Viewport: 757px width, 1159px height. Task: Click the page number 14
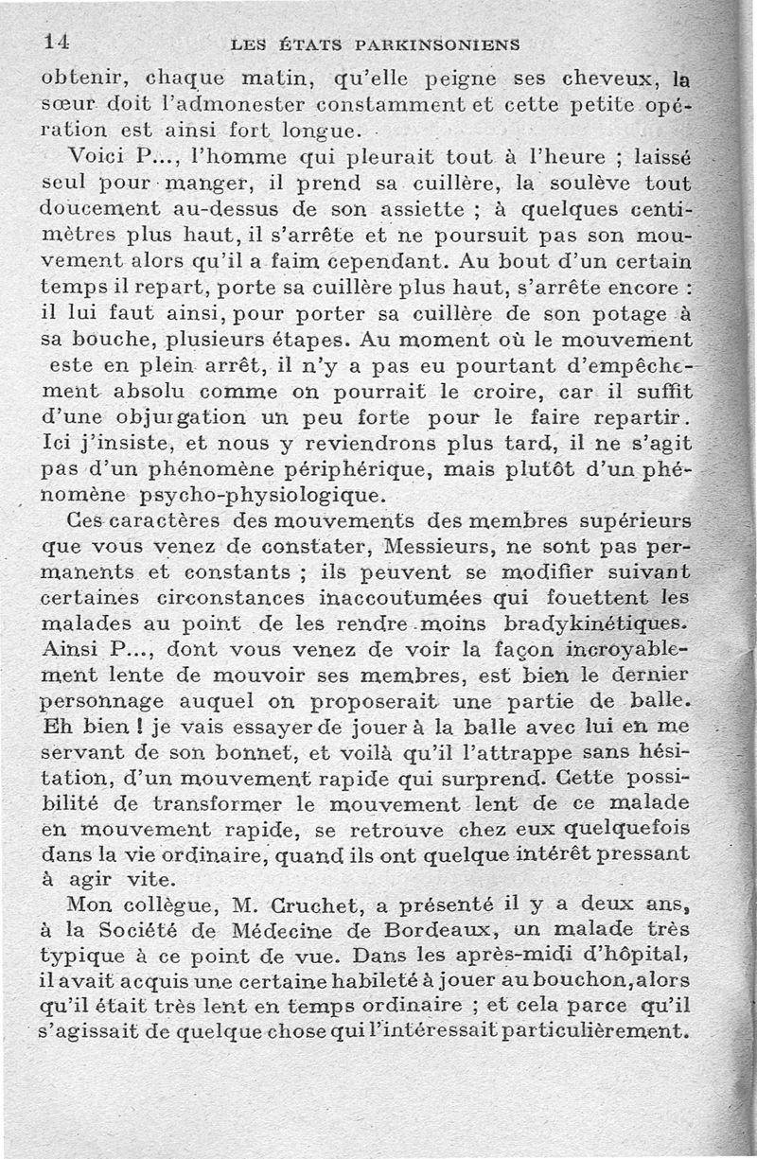tap(58, 41)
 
